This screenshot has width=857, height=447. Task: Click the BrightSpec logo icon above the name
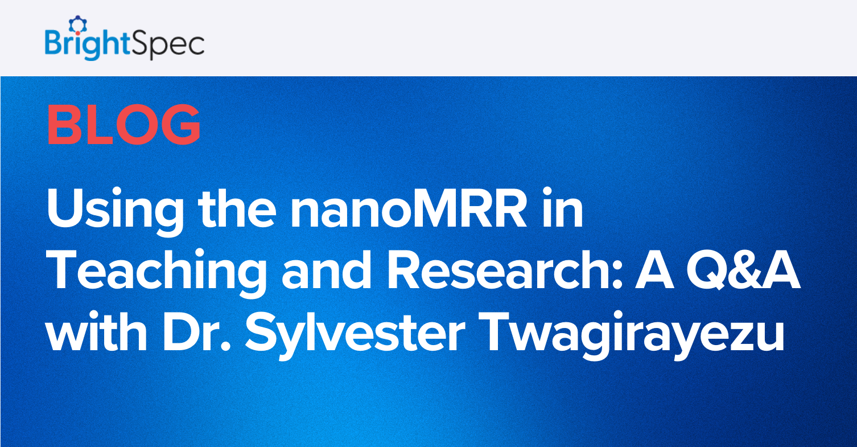tap(75, 24)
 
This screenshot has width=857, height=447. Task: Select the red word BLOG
tap(123, 125)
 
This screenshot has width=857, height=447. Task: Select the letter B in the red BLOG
tap(63, 125)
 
